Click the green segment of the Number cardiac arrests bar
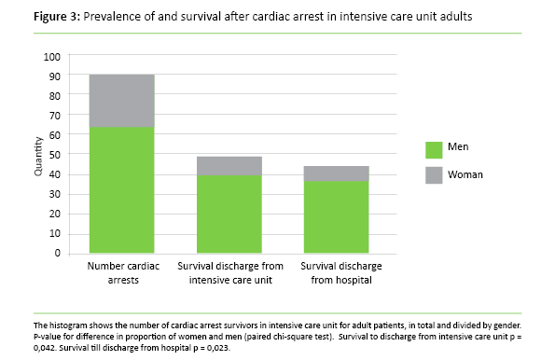click(x=121, y=189)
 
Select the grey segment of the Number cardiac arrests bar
click(x=121, y=100)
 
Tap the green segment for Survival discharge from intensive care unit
click(x=229, y=214)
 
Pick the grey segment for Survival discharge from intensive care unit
click(x=229, y=165)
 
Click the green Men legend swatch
click(x=434, y=149)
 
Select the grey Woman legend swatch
click(x=434, y=174)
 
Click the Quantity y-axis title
click(x=38, y=155)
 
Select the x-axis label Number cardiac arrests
click(x=121, y=272)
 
